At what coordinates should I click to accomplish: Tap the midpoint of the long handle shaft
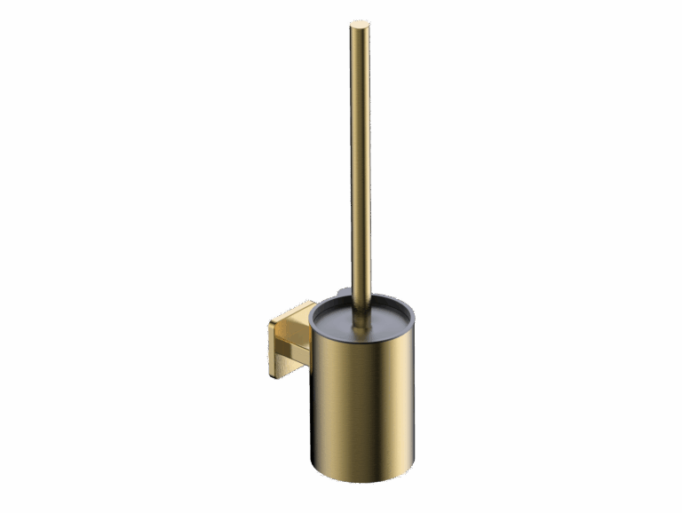click(360, 169)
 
